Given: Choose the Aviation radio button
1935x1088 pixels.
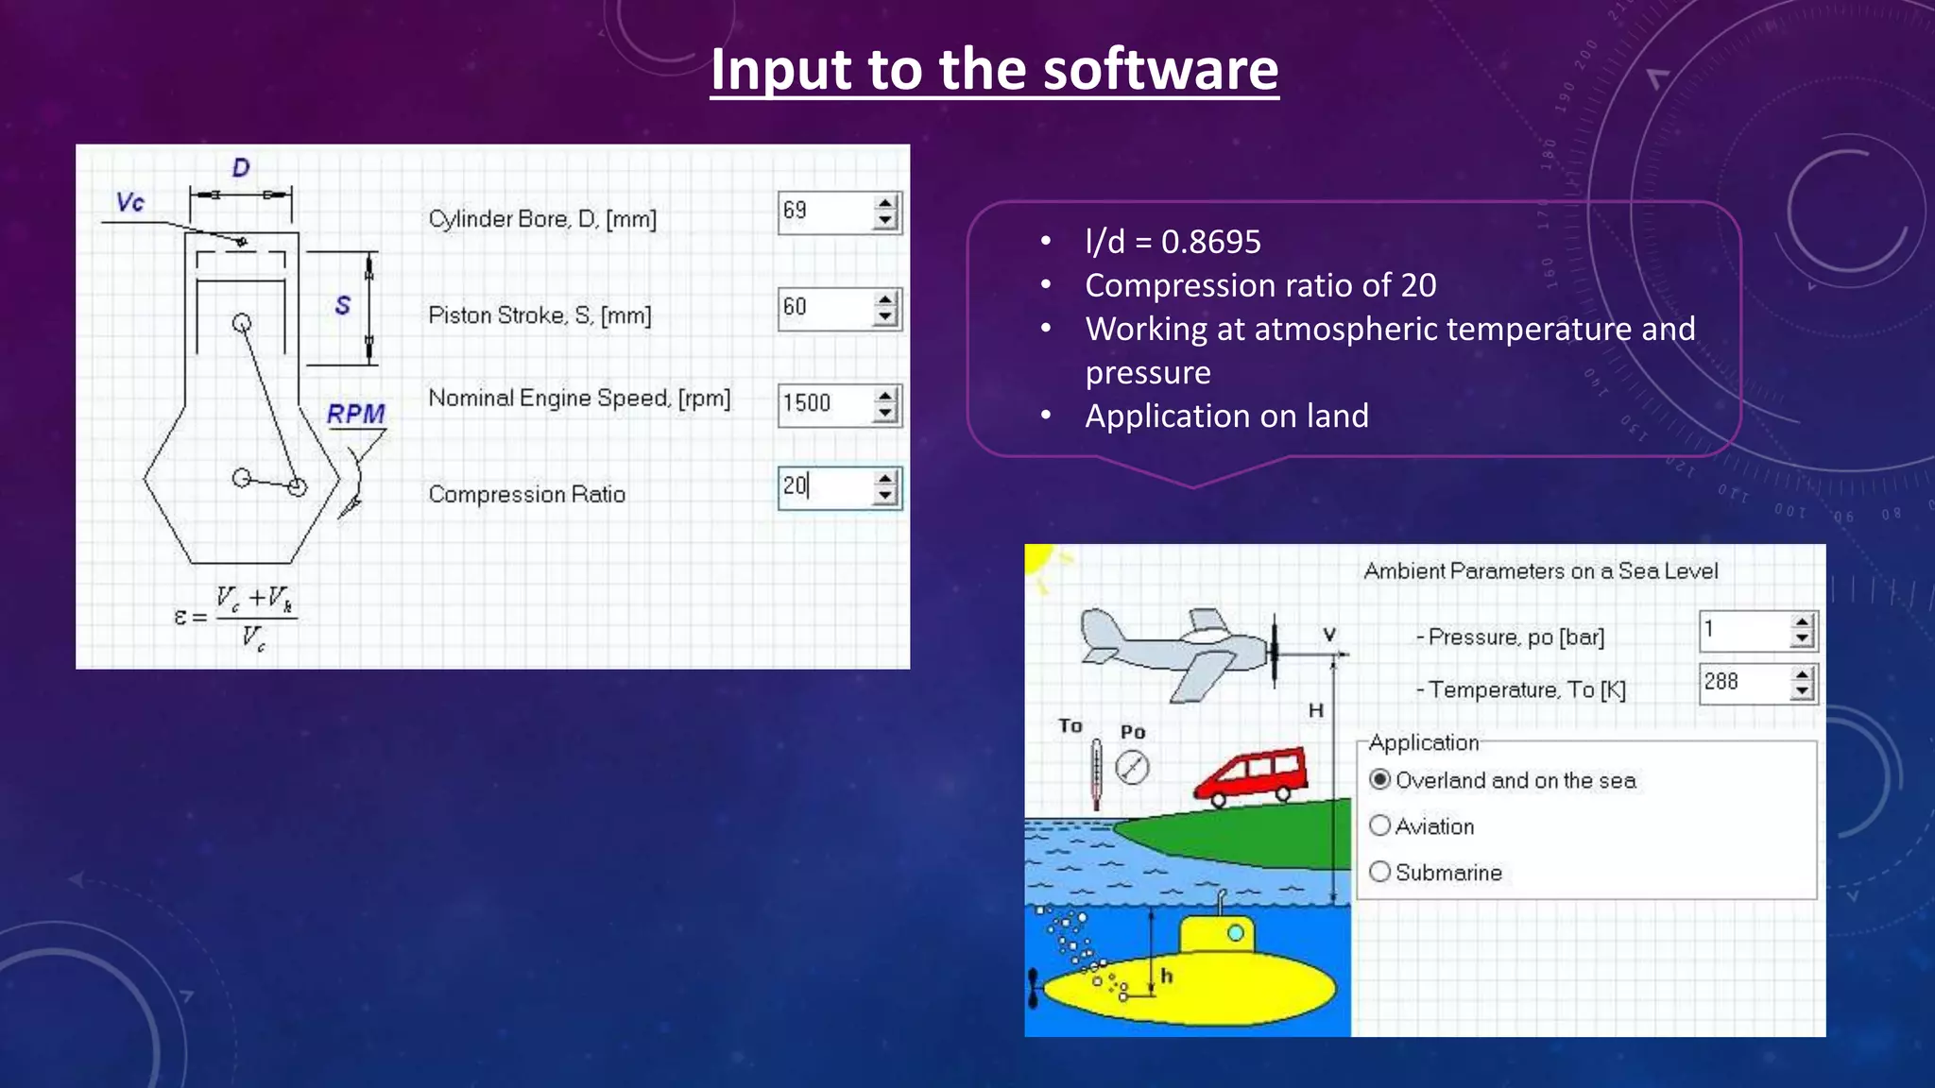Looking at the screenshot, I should (x=1380, y=826).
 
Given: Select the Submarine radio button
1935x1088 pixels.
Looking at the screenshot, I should (x=1380, y=872).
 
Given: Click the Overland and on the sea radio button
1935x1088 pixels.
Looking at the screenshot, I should (x=1380, y=780).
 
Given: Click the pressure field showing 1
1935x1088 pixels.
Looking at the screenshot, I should (x=1743, y=630).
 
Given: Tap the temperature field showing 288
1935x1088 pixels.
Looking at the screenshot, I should (x=1743, y=683).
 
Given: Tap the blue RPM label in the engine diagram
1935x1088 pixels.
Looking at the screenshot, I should (x=356, y=415).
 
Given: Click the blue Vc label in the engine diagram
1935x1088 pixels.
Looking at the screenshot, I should (x=130, y=202).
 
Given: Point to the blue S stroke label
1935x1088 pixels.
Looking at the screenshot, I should (x=342, y=306).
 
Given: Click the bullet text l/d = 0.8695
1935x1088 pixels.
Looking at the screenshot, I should (x=1173, y=243).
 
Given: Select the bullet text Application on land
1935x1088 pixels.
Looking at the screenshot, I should (x=1226, y=416).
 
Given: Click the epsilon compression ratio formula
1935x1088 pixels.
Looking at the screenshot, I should (x=234, y=619).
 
